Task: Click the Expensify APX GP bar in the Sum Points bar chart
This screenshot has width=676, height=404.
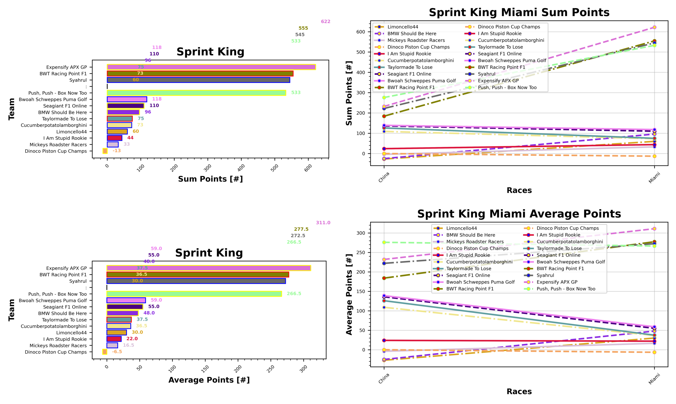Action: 211,67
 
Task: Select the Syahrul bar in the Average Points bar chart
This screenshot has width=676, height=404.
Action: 196,281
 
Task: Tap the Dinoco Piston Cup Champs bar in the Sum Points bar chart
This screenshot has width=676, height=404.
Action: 105,151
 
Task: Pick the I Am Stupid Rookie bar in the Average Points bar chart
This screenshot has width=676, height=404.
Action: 114,339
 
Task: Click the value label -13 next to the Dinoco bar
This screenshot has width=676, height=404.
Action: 117,151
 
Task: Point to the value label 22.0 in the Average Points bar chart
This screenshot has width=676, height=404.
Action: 132,339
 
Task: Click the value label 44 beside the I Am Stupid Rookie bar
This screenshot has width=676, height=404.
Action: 130,138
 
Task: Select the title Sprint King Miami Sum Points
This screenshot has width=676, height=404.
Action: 519,12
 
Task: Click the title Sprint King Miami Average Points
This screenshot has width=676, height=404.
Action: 519,214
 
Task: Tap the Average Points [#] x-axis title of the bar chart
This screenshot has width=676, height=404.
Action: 209,380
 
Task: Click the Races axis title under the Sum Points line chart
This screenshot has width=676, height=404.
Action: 519,190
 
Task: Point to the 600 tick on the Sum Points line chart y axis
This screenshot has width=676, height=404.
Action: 360,32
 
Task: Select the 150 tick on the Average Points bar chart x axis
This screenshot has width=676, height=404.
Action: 205,369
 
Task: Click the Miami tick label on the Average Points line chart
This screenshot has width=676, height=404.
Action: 654,379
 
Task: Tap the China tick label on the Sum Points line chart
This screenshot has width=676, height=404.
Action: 384,177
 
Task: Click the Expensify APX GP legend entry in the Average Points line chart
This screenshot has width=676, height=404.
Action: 557,282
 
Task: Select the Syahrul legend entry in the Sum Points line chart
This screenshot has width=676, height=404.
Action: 486,74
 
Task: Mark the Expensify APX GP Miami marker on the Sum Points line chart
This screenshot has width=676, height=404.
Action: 654,27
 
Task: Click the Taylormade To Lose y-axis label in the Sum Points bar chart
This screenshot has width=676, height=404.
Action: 64,119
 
